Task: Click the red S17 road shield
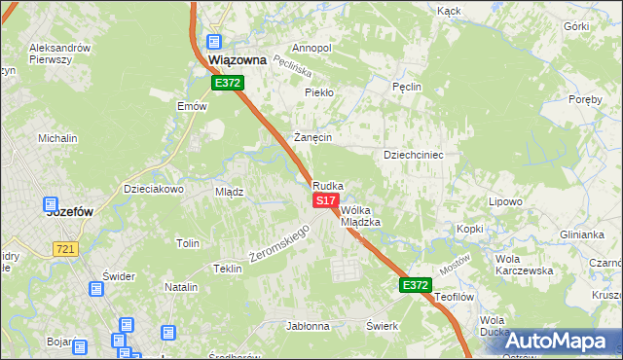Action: pyautogui.click(x=325, y=199)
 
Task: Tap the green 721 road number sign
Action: pyautogui.click(x=65, y=250)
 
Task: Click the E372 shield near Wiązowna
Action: pyautogui.click(x=228, y=84)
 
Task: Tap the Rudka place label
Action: pyautogui.click(x=328, y=185)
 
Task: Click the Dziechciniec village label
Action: pyautogui.click(x=414, y=154)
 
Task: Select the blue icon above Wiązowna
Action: pyautogui.click(x=214, y=43)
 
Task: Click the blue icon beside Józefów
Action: pyautogui.click(x=51, y=205)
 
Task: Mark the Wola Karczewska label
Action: pyautogui.click(x=524, y=265)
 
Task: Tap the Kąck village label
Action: pyautogui.click(x=449, y=11)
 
